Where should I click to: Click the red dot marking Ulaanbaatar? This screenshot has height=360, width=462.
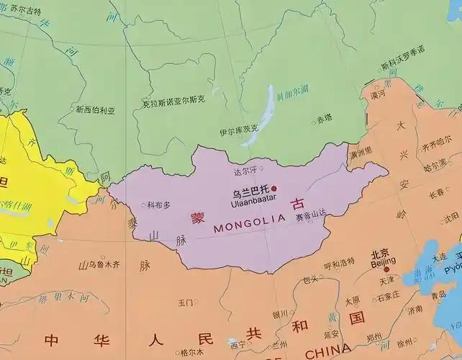point(273,189)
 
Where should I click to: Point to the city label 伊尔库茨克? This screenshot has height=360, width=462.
point(239,132)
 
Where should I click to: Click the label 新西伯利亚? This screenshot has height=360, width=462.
point(96,110)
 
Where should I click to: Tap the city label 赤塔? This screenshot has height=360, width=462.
point(325,118)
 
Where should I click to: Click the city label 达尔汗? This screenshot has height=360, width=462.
point(245,171)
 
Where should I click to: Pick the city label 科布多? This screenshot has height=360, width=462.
point(158,204)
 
